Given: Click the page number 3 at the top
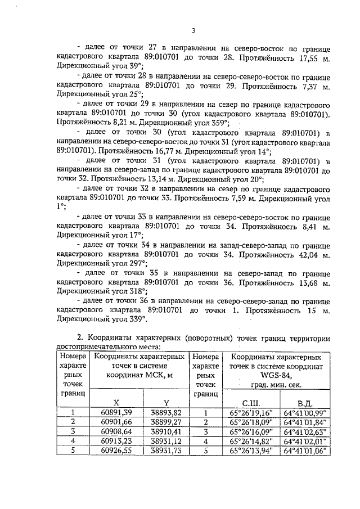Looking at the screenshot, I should tap(192, 30).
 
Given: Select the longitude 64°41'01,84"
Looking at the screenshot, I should tap(305, 422).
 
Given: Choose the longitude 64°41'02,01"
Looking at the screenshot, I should tap(305, 441).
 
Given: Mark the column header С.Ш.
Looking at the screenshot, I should tap(251, 403).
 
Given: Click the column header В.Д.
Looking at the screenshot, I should tap(305, 403).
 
